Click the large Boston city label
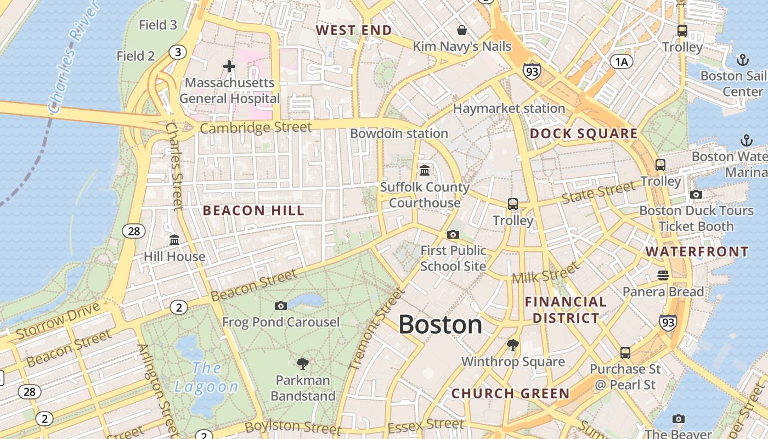tap(440, 325)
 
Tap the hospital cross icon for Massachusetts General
tap(229, 66)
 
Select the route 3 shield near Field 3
tap(177, 52)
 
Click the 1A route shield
tap(621, 61)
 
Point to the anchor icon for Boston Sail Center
tap(742, 60)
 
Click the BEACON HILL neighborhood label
tap(253, 211)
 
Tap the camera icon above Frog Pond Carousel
tap(281, 306)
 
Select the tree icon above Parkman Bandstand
tap(302, 363)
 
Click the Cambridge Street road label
tap(256, 128)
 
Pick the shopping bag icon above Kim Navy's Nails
tap(462, 30)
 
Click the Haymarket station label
tap(509, 109)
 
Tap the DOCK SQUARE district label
tap(584, 134)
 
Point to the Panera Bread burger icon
tap(663, 275)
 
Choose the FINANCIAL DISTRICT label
tap(566, 310)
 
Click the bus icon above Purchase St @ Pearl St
tap(625, 352)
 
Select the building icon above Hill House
tap(174, 240)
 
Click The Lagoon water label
tap(206, 378)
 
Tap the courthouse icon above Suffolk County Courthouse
tap(425, 170)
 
